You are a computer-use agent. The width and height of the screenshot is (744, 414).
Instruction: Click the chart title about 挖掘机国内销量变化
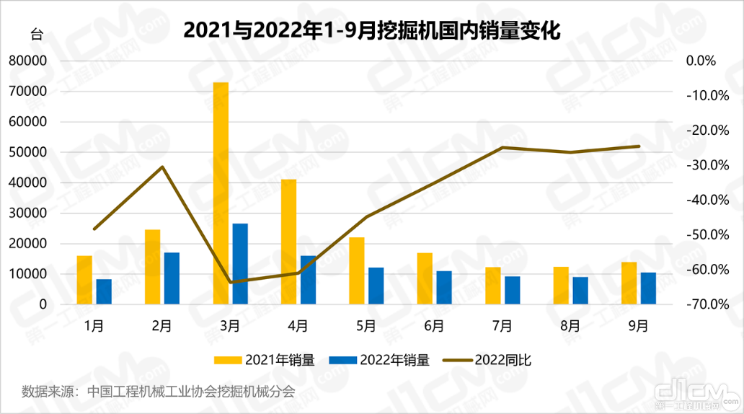(x=371, y=30)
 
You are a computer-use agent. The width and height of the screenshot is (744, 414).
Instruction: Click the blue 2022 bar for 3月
(x=240, y=264)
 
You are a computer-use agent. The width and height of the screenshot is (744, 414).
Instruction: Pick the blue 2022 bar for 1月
(x=104, y=291)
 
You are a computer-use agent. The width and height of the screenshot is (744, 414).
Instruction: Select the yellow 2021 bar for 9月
(x=629, y=283)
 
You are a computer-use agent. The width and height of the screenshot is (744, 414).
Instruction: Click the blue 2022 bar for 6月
(x=444, y=288)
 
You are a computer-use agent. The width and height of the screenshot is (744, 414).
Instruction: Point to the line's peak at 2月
(x=163, y=167)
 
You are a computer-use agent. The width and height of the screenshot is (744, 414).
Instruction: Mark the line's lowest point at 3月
(x=231, y=282)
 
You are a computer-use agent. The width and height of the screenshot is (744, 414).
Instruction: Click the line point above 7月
(x=502, y=147)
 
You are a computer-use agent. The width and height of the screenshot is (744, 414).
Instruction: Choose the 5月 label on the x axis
(x=366, y=326)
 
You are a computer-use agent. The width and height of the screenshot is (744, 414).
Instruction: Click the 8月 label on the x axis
(x=570, y=326)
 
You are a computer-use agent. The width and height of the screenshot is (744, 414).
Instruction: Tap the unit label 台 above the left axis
(x=36, y=34)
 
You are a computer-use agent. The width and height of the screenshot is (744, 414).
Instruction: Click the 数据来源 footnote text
(x=159, y=392)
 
